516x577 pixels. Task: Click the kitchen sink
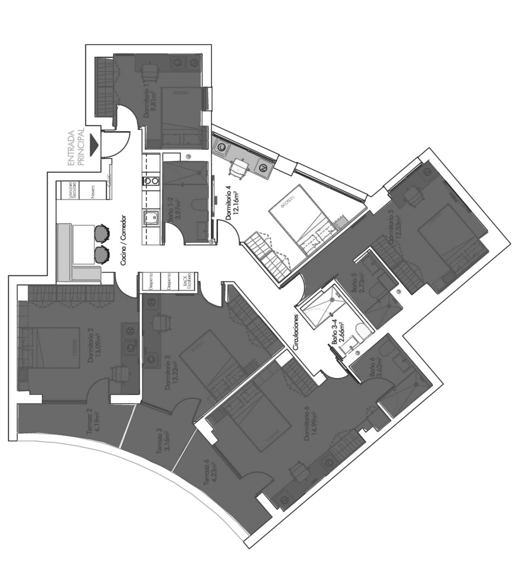151,218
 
